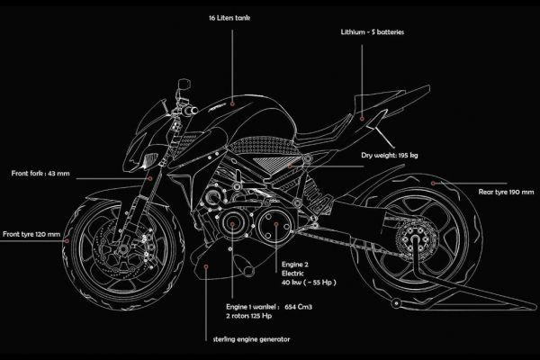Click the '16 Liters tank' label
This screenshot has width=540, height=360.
point(232,18)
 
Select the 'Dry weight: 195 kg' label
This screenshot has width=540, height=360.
point(416,156)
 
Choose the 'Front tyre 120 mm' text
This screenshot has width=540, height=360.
point(31,235)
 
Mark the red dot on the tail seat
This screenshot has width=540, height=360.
point(362,117)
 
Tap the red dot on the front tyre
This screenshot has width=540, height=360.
point(72,235)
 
